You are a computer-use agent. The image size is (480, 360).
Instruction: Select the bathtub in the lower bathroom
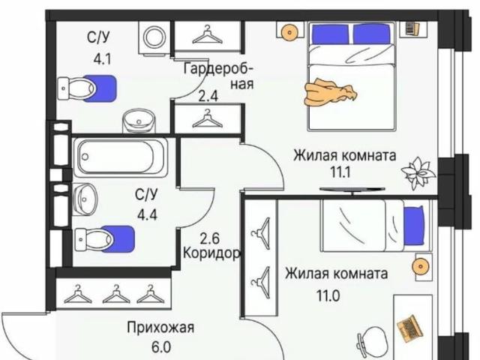124,157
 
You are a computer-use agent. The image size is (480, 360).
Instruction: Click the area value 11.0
328,295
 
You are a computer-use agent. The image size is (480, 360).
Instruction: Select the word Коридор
211,253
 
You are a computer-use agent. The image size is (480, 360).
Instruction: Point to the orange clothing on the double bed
329,93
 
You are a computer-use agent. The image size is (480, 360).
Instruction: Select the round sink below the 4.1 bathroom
136,121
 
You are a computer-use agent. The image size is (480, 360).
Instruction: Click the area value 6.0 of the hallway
161,348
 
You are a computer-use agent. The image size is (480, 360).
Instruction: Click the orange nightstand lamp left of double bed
289,31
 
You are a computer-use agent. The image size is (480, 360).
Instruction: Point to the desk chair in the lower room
370,342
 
